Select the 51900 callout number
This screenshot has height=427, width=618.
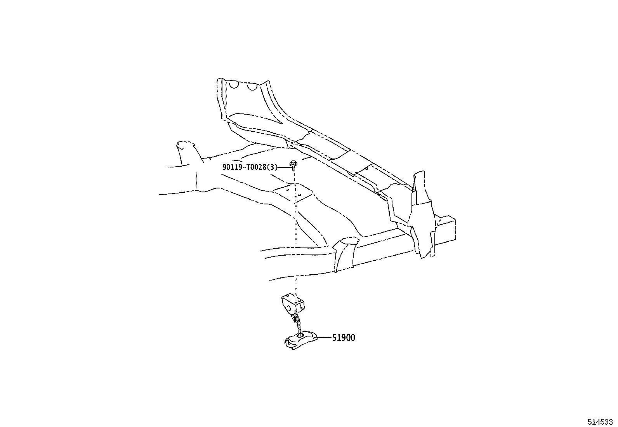pos(344,338)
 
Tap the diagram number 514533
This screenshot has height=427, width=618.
pos(600,422)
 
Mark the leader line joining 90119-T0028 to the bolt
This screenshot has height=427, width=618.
pos(284,167)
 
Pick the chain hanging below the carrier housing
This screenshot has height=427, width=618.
pos(297,322)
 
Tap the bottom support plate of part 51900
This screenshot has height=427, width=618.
pos(301,341)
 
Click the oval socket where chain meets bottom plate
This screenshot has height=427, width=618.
pos(301,335)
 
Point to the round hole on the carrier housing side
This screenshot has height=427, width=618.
pos(288,308)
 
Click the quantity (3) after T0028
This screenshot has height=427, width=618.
pos(272,167)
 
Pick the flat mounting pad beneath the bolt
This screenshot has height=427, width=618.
pos(293,192)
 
